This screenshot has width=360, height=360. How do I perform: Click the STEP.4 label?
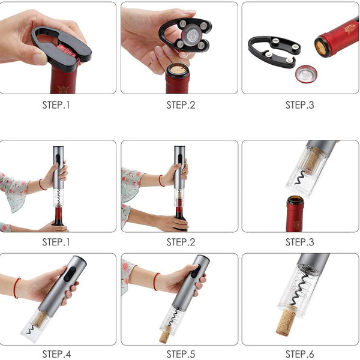tap(56, 354)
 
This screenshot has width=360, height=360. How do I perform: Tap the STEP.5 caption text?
tap(181, 354)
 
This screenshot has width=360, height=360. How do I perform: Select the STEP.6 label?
tap(299, 354)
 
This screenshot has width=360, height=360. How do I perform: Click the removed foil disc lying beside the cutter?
tap(306, 74)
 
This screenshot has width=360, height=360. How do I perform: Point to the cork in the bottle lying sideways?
tap(320, 48)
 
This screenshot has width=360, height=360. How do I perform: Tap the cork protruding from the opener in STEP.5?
tap(165, 336)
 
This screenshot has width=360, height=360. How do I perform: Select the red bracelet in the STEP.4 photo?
tap(16, 288)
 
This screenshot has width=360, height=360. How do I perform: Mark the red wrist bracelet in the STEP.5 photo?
tap(156, 281)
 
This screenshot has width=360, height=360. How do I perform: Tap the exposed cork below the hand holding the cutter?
tap(178, 70)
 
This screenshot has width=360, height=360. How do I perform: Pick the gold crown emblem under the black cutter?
tap(63, 89)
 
